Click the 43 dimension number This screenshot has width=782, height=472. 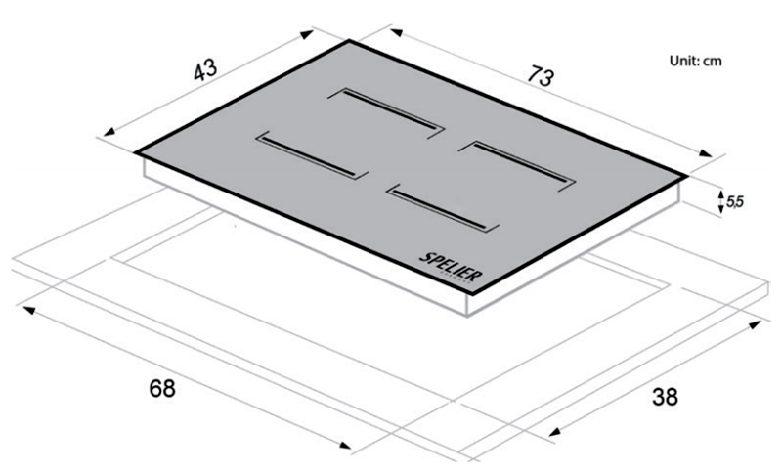click(205, 69)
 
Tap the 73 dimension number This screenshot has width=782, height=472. click(541, 76)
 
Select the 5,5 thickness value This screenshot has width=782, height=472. click(735, 202)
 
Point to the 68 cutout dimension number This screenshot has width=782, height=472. click(162, 388)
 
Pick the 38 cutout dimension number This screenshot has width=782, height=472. click(665, 397)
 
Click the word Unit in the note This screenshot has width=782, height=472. click(683, 61)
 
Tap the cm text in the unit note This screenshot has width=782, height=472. click(713, 62)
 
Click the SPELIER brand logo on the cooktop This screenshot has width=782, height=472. click(451, 268)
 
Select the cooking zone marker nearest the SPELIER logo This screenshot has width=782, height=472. click(443, 208)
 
